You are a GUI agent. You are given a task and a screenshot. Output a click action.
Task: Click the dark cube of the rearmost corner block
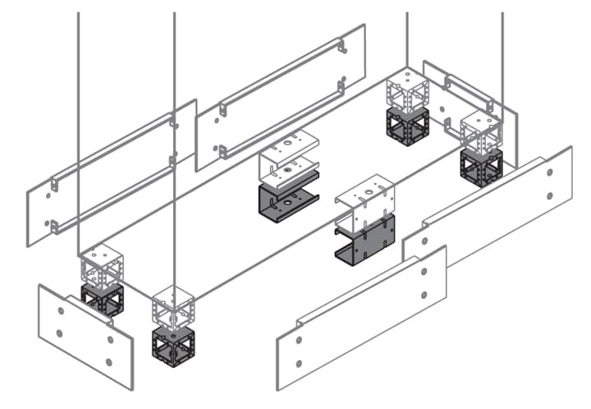click(406, 126)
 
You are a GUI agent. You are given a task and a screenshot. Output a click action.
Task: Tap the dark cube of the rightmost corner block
click(481, 167)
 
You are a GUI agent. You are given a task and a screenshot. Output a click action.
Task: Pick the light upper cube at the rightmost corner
click(481, 131)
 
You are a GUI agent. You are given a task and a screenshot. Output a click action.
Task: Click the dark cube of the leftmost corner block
click(102, 299)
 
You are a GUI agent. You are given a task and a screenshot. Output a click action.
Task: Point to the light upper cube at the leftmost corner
click(102, 264)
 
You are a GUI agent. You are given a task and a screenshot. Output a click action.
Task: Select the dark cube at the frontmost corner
click(173, 346)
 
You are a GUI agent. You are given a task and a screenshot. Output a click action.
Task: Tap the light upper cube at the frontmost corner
click(173, 308)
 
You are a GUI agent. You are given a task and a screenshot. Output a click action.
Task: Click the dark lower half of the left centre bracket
click(287, 200)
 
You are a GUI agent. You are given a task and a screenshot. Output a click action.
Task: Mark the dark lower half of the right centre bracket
click(365, 239)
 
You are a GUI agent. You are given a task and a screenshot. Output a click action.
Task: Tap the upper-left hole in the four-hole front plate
click(61, 310)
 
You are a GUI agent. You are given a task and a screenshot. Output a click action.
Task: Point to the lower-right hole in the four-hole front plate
click(109, 361)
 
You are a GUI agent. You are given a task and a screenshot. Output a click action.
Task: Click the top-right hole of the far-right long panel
click(548, 172)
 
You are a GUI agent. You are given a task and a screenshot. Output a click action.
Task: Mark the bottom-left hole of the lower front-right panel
click(299, 362)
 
